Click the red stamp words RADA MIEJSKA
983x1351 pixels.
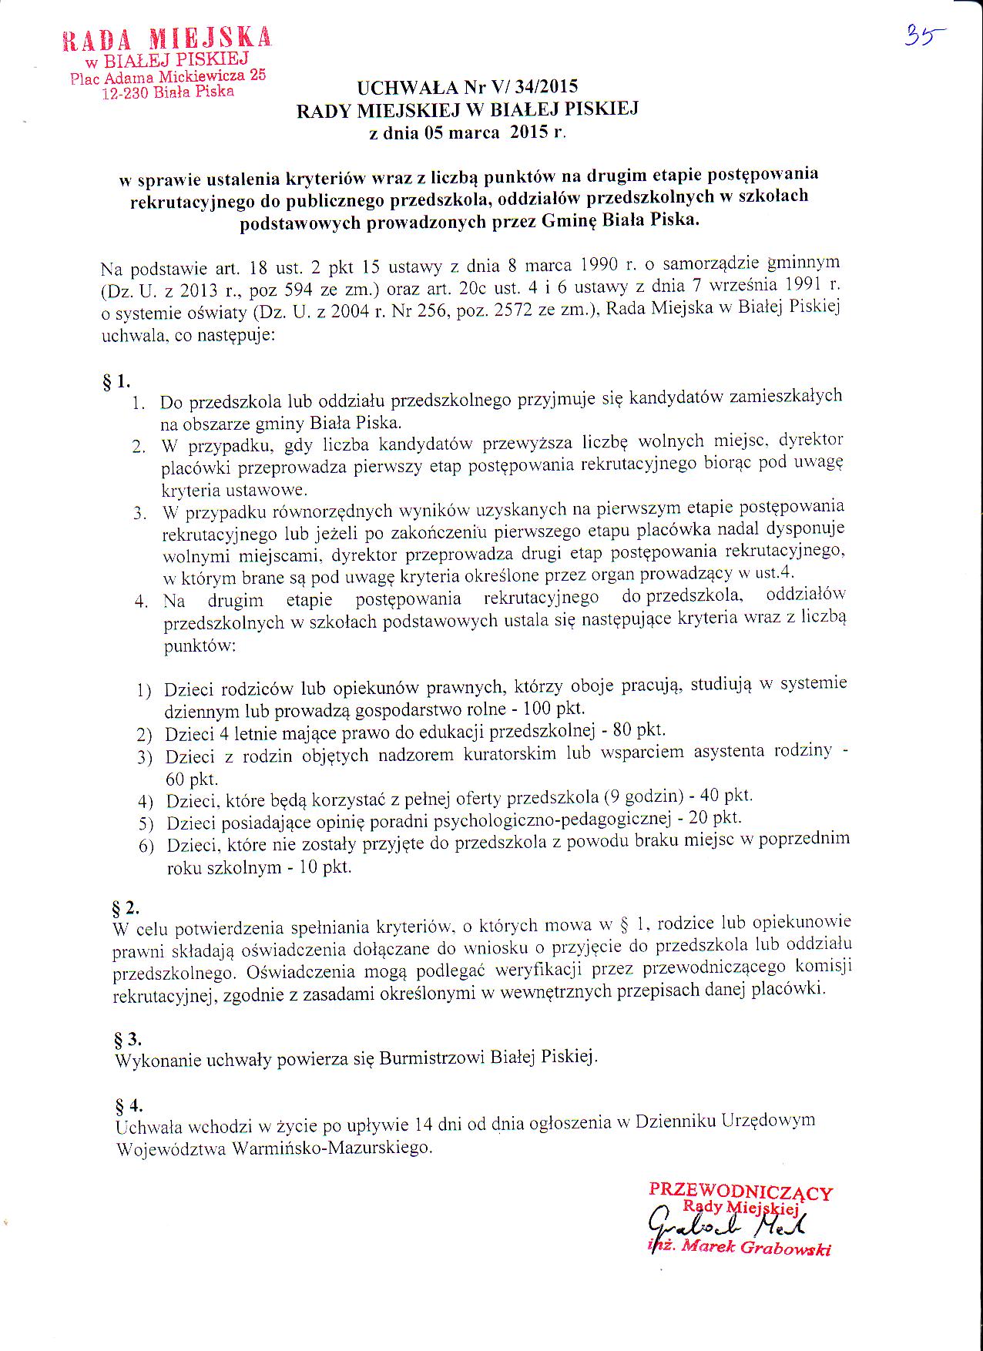(x=166, y=39)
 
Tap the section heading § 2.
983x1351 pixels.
(x=125, y=906)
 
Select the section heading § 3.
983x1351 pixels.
(x=127, y=1039)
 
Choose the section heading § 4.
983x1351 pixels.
(x=128, y=1105)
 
